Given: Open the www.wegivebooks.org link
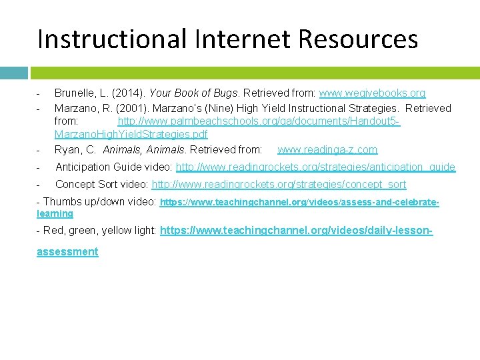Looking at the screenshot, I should [372, 93].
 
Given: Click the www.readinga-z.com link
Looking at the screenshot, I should [327, 149].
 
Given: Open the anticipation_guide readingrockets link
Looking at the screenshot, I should [315, 167].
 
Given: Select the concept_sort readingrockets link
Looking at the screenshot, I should [279, 184].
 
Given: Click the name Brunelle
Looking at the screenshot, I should [75, 93].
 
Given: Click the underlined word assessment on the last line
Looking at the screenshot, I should [67, 251].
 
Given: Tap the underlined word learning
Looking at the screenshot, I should [55, 213].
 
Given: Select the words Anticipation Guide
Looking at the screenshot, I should [97, 167].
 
